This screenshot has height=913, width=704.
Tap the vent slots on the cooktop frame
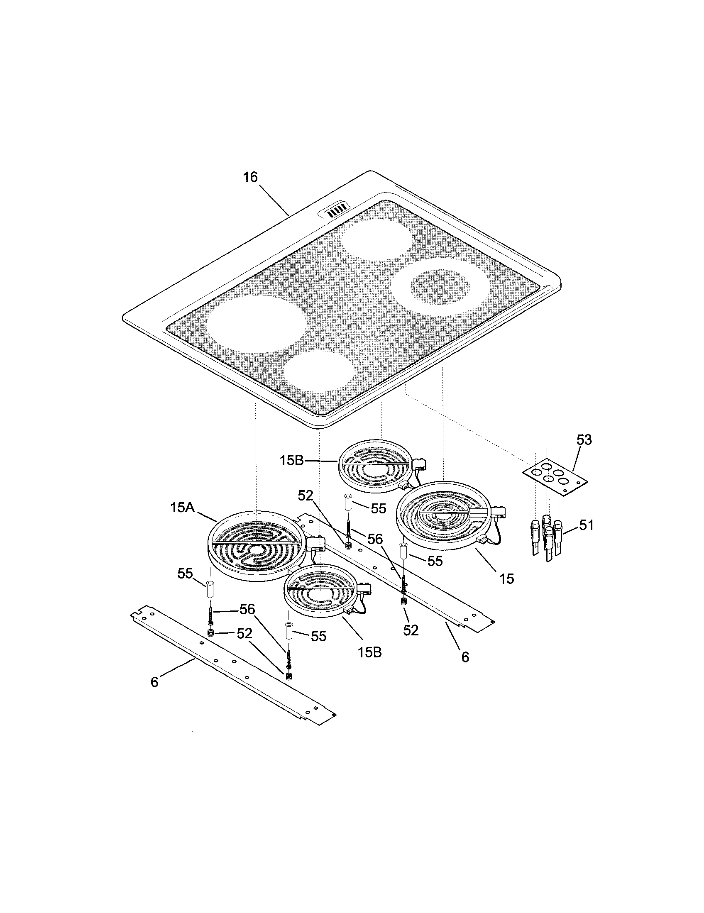[x=337, y=212]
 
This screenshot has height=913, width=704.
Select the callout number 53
[x=584, y=440]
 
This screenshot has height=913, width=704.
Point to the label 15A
[x=183, y=508]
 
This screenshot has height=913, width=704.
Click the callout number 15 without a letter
[x=506, y=579]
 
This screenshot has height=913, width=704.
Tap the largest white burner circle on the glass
[x=257, y=324]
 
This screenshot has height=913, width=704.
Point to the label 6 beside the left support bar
[x=155, y=682]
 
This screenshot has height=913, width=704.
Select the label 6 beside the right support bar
[x=465, y=657]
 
